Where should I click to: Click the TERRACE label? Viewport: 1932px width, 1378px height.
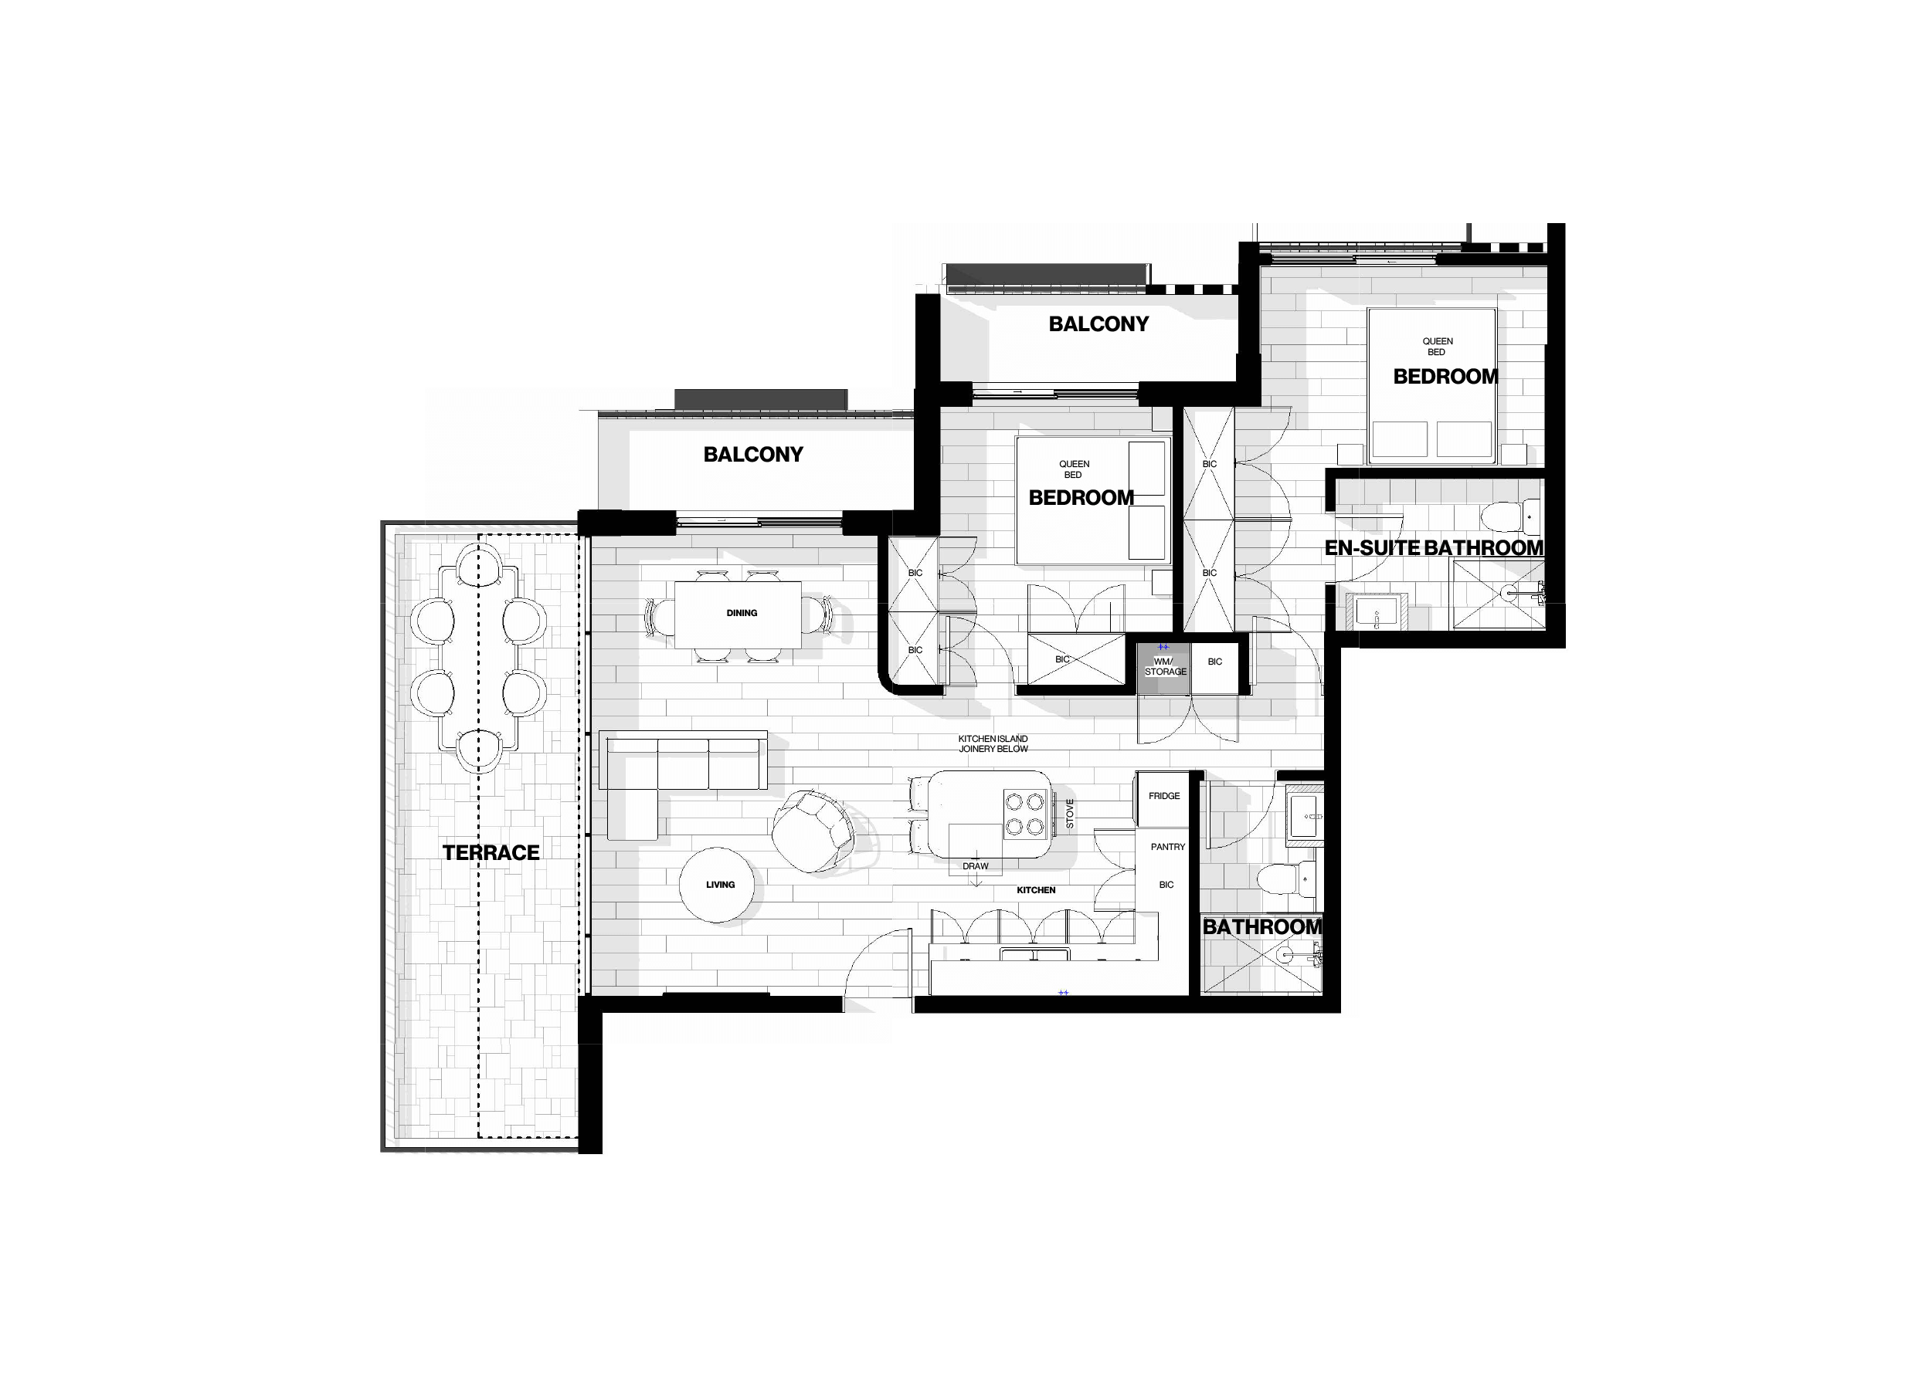491,853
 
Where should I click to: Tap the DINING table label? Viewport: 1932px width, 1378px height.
742,613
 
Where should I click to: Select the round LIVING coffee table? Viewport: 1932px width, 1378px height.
718,885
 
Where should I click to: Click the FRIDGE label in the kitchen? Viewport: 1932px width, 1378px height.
1164,796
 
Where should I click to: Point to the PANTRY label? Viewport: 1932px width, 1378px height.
1168,847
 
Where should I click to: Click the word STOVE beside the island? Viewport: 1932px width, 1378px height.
1070,814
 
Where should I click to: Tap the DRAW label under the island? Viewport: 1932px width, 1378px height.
976,866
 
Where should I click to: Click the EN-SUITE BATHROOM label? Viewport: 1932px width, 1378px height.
1434,548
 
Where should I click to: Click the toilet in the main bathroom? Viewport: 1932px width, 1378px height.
1286,879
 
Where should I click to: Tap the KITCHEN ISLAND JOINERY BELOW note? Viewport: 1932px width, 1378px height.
993,744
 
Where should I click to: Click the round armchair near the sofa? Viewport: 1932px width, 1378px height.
813,831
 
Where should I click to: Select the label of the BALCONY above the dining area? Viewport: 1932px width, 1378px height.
753,455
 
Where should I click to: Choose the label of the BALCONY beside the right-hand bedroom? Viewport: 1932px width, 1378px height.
1098,324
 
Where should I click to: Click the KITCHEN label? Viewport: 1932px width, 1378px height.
1036,890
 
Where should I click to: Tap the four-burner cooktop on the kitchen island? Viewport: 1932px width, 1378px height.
1024,814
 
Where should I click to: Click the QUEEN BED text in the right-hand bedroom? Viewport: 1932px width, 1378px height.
1437,346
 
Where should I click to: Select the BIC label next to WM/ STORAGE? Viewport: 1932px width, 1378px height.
1214,662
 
